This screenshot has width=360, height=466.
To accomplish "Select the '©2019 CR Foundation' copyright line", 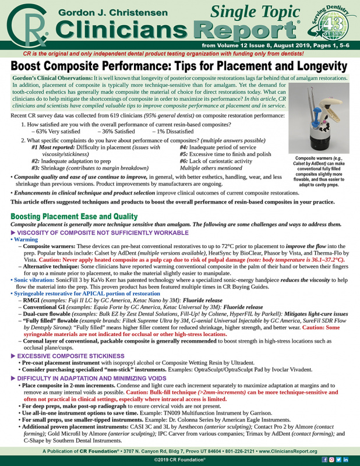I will (x=179, y=460).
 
